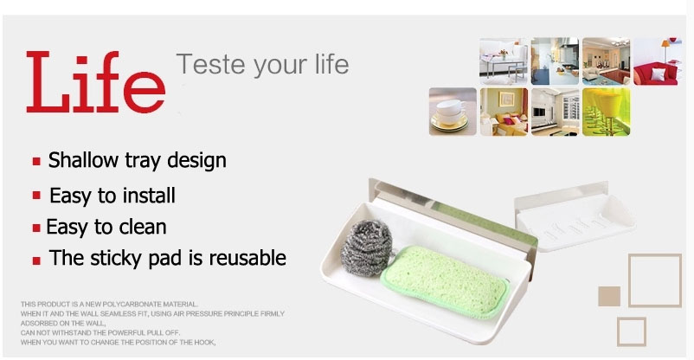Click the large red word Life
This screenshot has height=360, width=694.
coord(95,82)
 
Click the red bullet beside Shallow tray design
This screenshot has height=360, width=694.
coord(36,161)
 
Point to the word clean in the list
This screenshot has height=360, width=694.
coord(143,227)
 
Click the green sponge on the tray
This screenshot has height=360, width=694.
coord(444,281)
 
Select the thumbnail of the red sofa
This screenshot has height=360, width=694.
coord(658,61)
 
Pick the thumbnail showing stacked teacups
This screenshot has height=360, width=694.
coord(453,112)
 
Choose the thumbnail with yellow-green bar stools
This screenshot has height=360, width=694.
coord(606,112)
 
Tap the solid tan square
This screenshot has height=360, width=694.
coord(609,296)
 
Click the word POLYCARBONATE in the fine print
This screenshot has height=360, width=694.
coord(132,305)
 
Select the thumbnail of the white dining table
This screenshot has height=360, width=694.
coord(504,61)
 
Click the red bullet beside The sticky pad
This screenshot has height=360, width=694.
coord(36,260)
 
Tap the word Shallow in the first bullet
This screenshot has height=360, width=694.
coord(83,160)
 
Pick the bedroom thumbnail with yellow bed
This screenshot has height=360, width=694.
coord(504,112)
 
